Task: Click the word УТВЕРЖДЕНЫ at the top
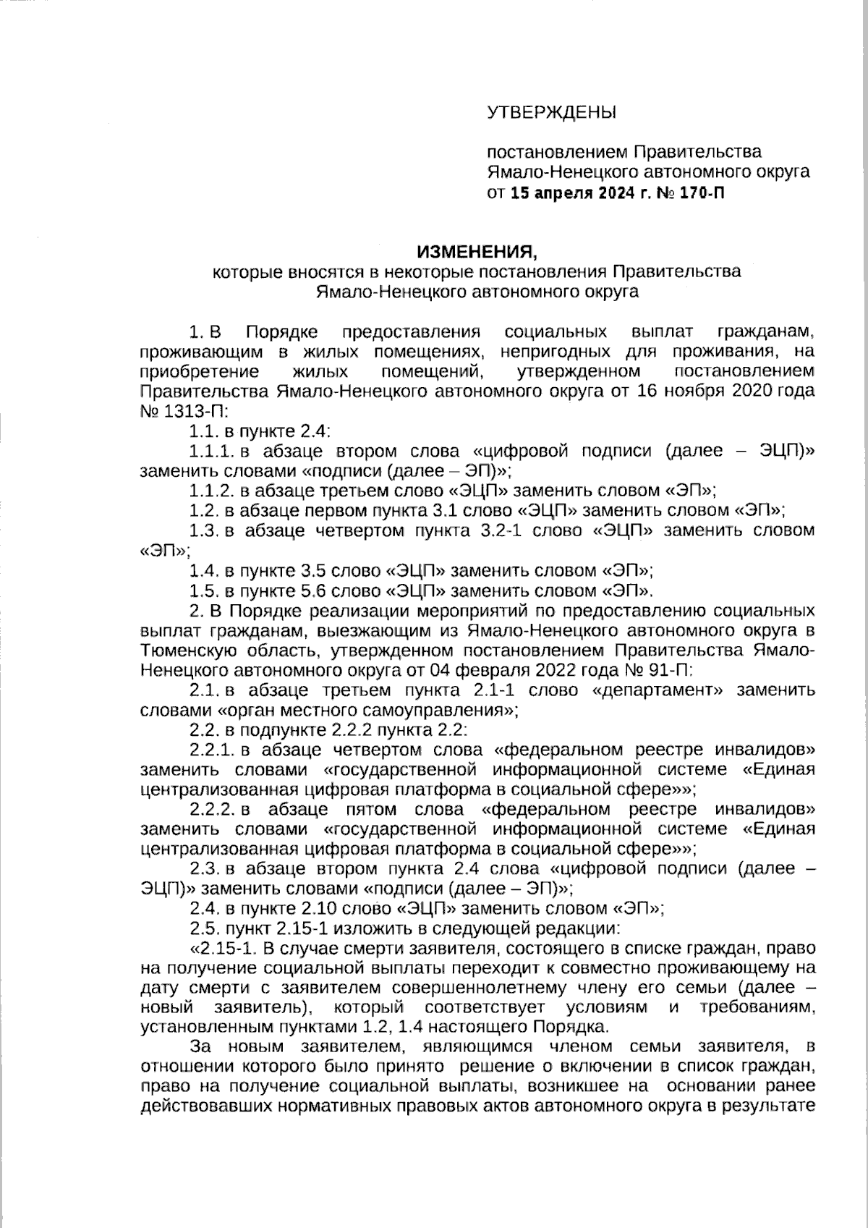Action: (551, 113)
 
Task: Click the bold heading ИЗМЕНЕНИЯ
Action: (477, 252)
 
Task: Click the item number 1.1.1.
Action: (212, 452)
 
